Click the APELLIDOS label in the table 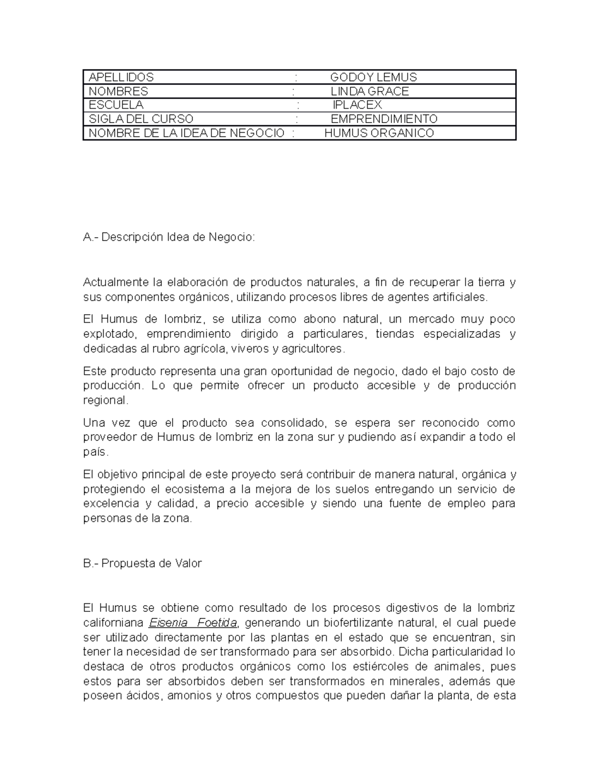[x=121, y=77]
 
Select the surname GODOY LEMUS [x=373, y=77]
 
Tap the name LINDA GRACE [x=369, y=91]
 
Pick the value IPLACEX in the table [x=357, y=105]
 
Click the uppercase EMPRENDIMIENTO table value [x=384, y=119]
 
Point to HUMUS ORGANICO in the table [x=379, y=133]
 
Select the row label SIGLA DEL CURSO [x=140, y=119]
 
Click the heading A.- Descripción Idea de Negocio [x=168, y=237]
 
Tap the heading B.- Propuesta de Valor [x=142, y=563]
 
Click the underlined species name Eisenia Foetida [x=193, y=623]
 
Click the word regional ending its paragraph [x=105, y=400]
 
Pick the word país [x=94, y=452]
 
